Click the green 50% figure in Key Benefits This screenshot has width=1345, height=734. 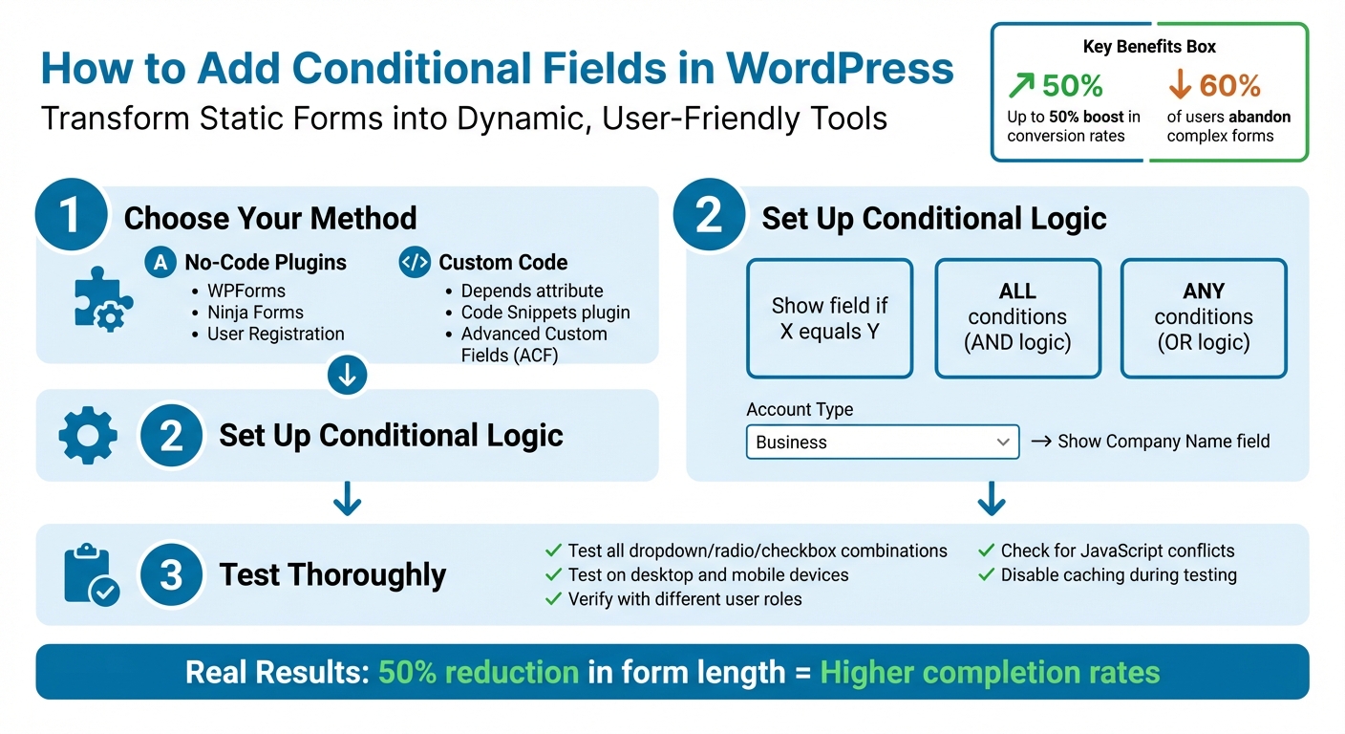[1071, 86]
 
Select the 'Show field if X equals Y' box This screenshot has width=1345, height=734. [829, 319]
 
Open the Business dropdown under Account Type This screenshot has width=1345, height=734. [882, 443]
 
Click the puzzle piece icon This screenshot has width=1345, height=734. [102, 300]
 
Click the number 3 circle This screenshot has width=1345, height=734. [171, 574]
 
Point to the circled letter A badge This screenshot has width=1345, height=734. [160, 263]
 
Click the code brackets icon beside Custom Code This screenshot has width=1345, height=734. [415, 263]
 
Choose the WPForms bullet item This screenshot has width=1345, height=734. [246, 291]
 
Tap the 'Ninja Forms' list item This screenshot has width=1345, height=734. [255, 313]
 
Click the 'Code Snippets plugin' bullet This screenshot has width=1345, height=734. [545, 313]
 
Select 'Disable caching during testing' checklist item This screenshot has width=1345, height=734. [1118, 575]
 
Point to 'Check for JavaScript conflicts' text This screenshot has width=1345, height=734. [1117, 550]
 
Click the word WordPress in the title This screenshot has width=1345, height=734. [840, 69]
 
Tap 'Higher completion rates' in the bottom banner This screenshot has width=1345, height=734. [990, 672]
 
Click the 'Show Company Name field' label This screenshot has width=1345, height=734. [1164, 442]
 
